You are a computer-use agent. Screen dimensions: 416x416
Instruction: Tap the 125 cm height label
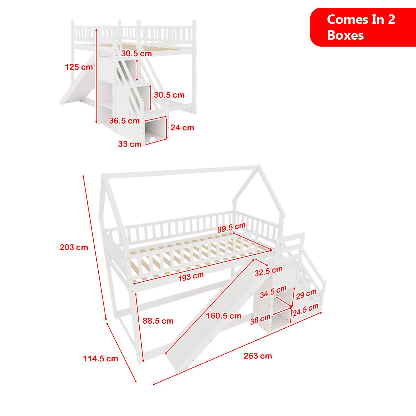(79, 67)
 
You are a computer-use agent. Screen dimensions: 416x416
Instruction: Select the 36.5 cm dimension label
(124, 121)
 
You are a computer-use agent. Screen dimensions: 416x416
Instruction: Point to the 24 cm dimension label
(182, 128)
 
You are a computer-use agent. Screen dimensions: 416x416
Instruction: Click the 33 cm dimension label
(130, 144)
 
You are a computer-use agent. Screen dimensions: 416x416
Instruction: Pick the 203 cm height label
(74, 247)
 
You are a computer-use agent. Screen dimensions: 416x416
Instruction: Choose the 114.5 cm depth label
(100, 359)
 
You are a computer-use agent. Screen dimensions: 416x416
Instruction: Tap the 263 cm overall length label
(258, 356)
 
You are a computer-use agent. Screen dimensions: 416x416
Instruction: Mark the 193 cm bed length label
(191, 277)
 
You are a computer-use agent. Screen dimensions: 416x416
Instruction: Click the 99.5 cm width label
(231, 228)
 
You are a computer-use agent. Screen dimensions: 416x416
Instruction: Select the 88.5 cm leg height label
(158, 321)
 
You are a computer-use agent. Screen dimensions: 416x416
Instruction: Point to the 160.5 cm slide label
(224, 316)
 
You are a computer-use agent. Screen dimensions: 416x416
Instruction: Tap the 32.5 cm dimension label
(268, 271)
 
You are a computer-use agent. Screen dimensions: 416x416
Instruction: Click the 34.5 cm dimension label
(273, 292)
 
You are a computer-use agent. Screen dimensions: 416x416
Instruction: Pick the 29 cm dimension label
(306, 294)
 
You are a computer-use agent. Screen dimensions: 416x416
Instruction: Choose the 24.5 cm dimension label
(305, 310)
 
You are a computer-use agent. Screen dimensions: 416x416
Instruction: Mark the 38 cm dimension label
(260, 319)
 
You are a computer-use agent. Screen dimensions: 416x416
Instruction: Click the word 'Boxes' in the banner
(345, 35)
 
